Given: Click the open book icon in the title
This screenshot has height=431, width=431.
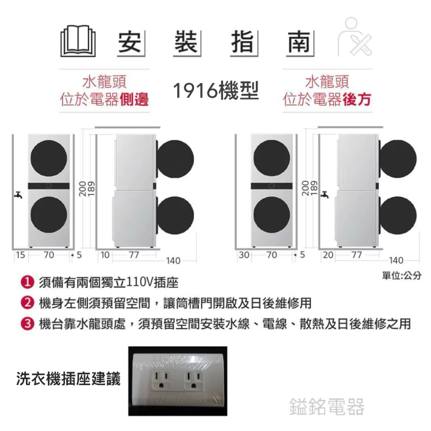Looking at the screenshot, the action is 78,41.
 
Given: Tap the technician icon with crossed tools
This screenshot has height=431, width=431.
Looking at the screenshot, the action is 354,37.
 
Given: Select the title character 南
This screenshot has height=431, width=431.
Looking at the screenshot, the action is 299,42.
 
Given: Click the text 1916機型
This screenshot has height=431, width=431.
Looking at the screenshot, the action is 216,91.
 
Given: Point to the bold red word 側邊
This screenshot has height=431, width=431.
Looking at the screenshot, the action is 134,99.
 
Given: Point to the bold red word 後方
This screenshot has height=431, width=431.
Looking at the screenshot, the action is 357,99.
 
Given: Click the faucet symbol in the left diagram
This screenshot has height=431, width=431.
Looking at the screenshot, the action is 18,194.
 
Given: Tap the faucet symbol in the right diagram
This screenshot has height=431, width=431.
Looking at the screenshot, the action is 325,194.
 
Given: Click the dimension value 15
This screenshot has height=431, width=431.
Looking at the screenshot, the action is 20,255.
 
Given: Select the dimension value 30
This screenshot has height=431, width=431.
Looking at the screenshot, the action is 244,255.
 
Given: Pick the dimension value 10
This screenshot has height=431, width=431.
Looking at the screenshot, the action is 105,255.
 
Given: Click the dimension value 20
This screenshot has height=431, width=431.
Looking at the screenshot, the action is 328,255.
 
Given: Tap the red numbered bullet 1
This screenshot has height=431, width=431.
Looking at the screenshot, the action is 27,282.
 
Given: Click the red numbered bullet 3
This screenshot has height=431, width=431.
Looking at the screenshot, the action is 27,324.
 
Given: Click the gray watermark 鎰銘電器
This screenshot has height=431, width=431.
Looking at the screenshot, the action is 327,407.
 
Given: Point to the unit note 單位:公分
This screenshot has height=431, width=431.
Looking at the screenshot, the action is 401,275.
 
